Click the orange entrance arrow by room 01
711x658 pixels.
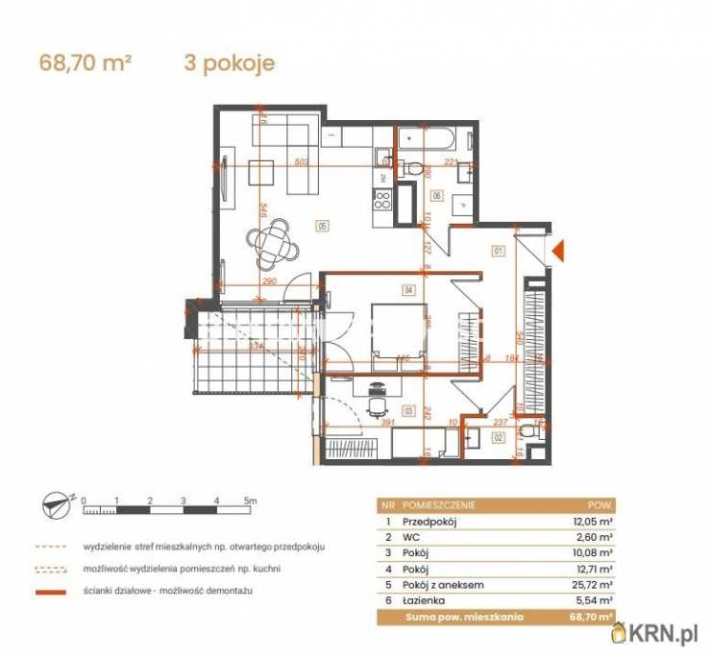coord(556,252)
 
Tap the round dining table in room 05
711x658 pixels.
coord(276,243)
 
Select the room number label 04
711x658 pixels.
coord(408,289)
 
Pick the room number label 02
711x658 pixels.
coord(499,437)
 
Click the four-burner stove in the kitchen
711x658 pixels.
coord(380,202)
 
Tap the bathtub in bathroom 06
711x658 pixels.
coord(431,142)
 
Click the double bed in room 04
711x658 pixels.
coord(397,331)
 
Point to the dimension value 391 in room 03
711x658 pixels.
coord(385,422)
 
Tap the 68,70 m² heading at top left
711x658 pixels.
coord(85,63)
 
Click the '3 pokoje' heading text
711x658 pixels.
coord(229,63)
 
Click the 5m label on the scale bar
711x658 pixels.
coord(250,500)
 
